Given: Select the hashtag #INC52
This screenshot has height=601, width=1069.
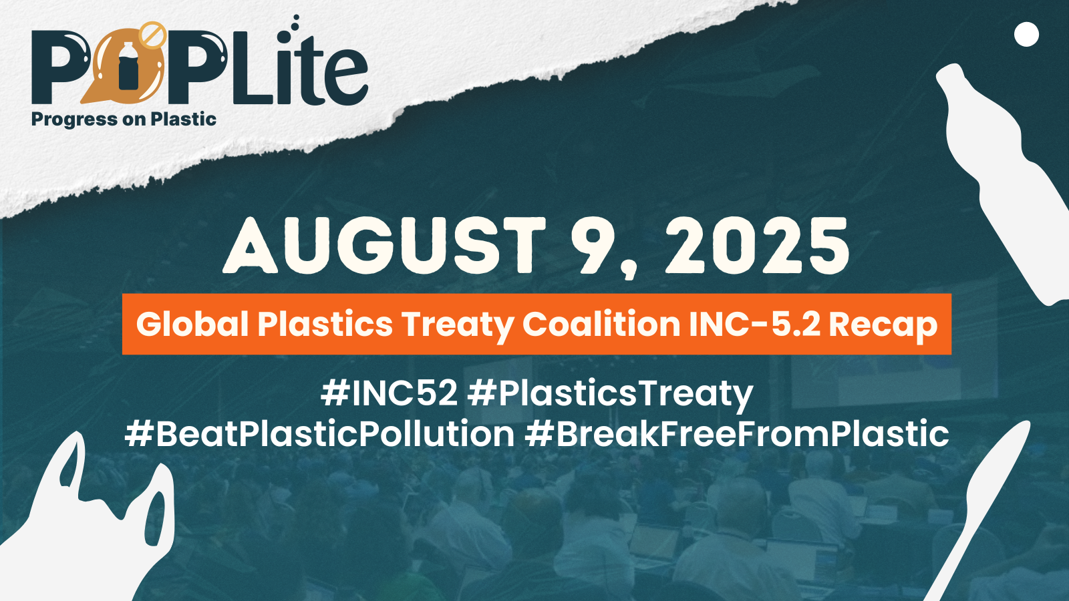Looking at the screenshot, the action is point(389,394).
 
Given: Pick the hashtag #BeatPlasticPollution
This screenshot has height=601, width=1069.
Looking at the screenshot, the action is point(319,433).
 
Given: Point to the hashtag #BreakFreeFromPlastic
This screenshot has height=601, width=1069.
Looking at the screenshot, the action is point(737,433).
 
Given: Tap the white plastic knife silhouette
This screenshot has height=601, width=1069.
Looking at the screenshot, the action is point(978,510).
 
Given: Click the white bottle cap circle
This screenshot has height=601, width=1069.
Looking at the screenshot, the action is point(1026,34).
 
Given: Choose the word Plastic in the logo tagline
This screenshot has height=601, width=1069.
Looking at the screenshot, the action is point(183,119).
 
